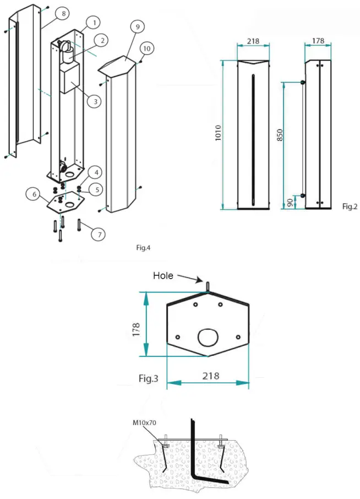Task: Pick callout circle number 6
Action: (35, 194)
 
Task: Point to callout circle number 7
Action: (99, 234)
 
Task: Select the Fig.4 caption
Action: (143, 247)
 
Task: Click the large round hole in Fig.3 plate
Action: (208, 337)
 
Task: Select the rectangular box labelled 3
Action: (68, 78)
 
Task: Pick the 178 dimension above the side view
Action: (318, 42)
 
